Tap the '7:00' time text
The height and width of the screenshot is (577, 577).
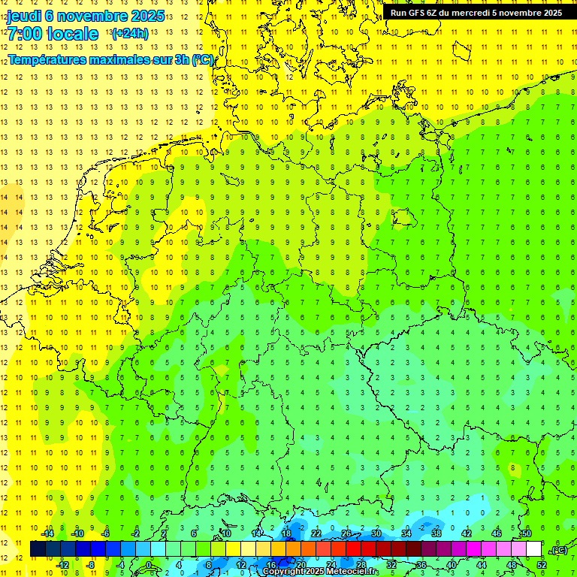click(x=26, y=34)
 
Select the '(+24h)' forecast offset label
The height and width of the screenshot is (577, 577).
click(x=129, y=34)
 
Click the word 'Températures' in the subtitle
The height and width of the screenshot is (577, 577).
click(x=50, y=59)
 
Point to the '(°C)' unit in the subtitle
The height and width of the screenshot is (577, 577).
click(x=202, y=59)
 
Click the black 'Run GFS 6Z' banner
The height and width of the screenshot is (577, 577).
click(x=476, y=13)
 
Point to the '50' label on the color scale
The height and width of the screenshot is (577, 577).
click(x=526, y=534)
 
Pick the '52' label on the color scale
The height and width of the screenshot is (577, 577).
click(x=542, y=565)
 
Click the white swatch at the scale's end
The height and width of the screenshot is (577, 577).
click(x=533, y=549)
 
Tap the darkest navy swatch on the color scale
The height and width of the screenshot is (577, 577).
click(x=38, y=549)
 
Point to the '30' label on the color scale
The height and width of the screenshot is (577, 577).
click(x=376, y=534)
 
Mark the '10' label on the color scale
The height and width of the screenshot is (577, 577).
click(x=225, y=534)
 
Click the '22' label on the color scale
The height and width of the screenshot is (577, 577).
click(x=316, y=534)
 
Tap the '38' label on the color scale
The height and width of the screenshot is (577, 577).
click(x=436, y=534)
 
